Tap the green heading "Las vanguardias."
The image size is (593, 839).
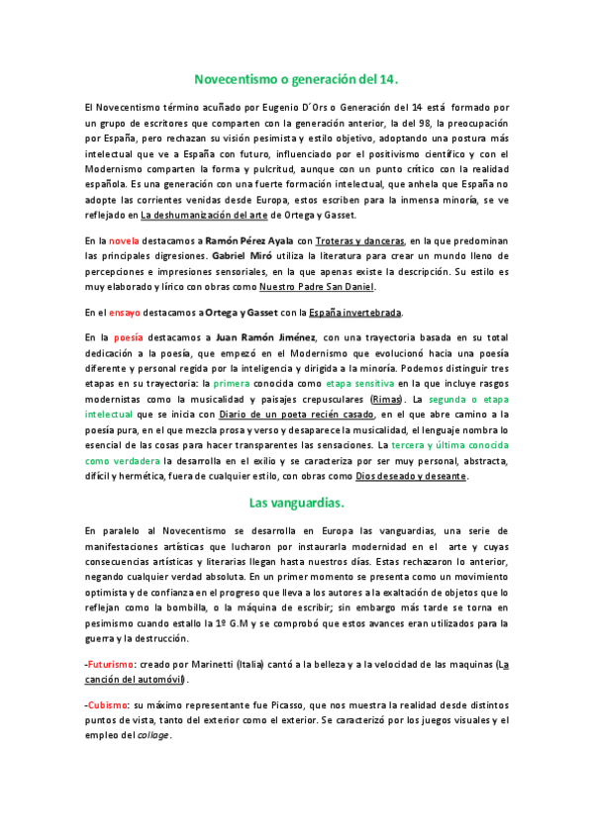click(296, 503)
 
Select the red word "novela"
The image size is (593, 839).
click(125, 240)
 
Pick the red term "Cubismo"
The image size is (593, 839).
click(107, 701)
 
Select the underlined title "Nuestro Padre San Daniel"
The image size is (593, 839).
click(316, 287)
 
